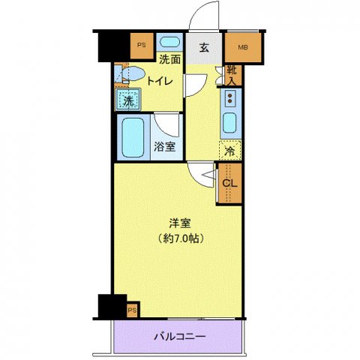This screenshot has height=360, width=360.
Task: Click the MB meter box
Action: click(x=243, y=47)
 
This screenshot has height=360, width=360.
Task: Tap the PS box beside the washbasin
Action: click(x=142, y=46)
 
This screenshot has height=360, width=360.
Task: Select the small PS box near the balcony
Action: click(x=132, y=310)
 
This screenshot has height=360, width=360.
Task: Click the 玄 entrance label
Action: click(x=204, y=48)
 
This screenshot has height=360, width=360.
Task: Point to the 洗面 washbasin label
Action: click(x=170, y=59)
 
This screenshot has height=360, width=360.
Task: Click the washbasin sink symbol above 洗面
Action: click(x=169, y=42)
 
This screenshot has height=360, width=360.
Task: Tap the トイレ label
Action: click(x=160, y=82)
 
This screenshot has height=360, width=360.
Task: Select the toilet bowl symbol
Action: click(x=133, y=74)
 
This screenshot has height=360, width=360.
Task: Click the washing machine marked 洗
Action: click(x=127, y=99)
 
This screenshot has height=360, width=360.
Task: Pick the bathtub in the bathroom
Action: click(x=133, y=137)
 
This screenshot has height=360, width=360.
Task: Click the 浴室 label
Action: click(x=164, y=147)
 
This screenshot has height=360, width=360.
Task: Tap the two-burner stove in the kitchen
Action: click(x=230, y=98)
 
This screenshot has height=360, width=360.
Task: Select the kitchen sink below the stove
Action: click(x=229, y=123)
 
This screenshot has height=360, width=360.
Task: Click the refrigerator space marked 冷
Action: click(x=230, y=150)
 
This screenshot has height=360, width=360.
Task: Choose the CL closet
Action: click(x=229, y=184)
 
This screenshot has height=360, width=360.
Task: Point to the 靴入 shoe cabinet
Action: click(x=232, y=76)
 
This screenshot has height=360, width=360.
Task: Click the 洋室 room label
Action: click(x=180, y=223)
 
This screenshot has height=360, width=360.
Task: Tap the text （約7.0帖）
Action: click(x=180, y=239)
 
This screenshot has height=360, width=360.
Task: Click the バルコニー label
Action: click(x=180, y=336)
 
